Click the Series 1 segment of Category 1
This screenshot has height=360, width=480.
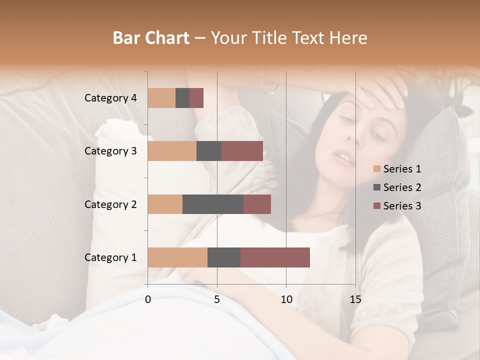(177, 257)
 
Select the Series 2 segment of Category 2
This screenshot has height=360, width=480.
(213, 204)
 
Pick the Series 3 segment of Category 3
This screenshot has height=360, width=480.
(242, 151)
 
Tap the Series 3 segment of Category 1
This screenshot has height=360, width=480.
(275, 257)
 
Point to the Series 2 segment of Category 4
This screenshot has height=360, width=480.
(182, 98)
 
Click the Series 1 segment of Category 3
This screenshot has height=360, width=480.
(172, 151)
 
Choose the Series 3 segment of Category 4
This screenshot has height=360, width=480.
(196, 98)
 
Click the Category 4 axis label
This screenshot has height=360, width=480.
(110, 98)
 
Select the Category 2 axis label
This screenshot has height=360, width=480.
(110, 204)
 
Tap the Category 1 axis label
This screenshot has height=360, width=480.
(110, 257)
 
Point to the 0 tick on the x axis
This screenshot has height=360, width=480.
(148, 299)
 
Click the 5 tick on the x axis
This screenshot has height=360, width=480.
(217, 299)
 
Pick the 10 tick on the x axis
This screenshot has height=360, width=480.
(286, 299)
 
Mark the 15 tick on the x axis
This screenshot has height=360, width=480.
(355, 299)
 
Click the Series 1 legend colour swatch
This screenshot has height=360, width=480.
(377, 169)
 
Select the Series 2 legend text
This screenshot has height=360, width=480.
(402, 187)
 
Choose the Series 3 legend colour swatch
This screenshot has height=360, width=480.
(377, 206)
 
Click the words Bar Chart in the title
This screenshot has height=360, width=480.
(151, 38)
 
